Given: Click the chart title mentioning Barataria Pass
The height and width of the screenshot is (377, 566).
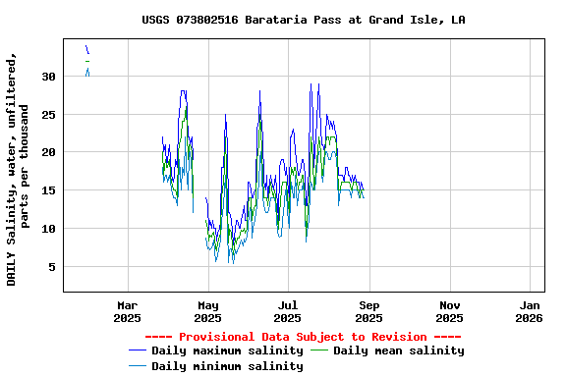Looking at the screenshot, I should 303,20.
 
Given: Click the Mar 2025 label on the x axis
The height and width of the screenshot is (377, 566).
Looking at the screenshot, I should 127,311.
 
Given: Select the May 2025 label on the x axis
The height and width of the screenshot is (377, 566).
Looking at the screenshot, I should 207,311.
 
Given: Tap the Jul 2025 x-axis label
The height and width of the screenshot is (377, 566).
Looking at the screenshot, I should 288,311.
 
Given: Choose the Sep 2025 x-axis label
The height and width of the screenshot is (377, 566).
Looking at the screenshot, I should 368,311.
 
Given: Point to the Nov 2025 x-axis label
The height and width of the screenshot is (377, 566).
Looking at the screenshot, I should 449,311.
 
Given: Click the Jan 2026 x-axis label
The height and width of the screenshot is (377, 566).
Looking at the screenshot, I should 529,311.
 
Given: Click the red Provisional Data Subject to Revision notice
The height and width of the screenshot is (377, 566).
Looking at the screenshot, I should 303,337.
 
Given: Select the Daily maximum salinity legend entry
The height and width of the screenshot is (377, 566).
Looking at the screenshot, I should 227,350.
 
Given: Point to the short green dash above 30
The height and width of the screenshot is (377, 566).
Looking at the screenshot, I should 86,61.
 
